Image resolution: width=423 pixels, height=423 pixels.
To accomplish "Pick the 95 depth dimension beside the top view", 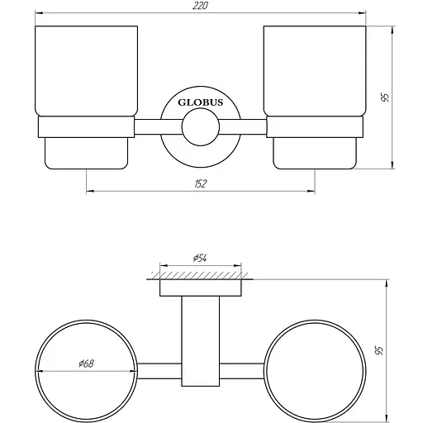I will (x=381, y=350).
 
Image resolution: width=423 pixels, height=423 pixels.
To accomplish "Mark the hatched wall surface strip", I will (x=199, y=271).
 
